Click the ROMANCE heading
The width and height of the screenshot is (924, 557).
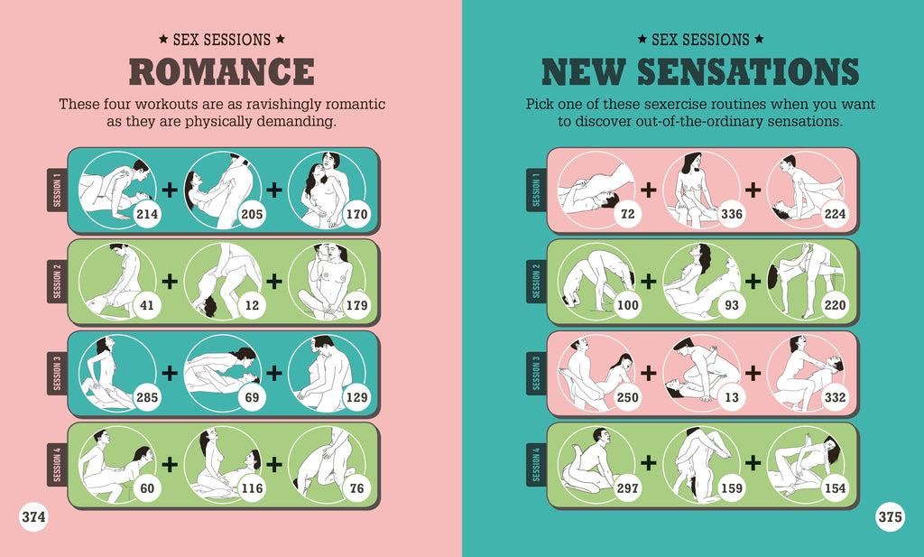tap(221, 72)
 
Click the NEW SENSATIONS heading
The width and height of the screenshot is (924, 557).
tap(699, 72)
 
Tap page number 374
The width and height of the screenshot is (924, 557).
tap(34, 517)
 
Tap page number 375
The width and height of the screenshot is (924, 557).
tap(890, 517)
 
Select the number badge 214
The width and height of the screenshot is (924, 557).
tap(147, 215)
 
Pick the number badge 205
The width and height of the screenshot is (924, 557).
tap(252, 215)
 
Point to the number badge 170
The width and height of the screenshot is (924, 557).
tap(356, 215)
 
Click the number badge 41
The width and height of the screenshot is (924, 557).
tap(147, 306)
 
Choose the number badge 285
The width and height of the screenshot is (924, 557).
tap(147, 397)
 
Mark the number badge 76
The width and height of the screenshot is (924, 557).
tap(356, 488)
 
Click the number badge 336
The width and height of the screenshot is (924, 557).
tap(731, 215)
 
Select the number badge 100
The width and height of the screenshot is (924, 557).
tap(627, 306)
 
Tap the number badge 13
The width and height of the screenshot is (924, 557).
tap(731, 397)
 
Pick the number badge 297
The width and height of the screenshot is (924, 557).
tap(627, 488)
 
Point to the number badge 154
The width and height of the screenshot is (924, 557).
tap(836, 488)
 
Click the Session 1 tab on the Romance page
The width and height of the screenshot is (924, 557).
tap(57, 190)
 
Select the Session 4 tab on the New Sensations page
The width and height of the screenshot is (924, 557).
tap(536, 464)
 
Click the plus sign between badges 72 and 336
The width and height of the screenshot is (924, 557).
tap(648, 190)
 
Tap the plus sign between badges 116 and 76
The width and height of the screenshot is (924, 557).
tap(273, 463)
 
